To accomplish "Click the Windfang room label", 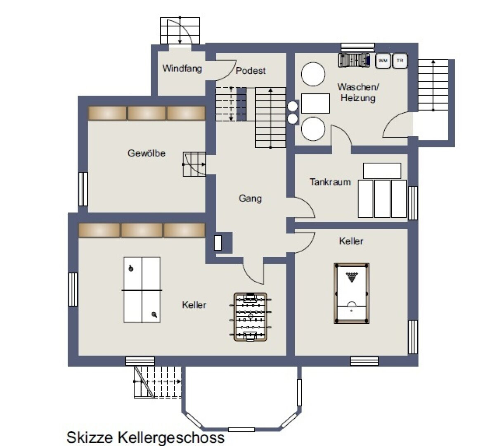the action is (182, 69).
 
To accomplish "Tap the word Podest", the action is (250, 71).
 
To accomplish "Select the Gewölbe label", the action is (146, 153).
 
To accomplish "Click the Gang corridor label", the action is (250, 198).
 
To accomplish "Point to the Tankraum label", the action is (330, 182).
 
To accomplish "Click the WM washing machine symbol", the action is (383, 60).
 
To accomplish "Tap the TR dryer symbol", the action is (400, 60).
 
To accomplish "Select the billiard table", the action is (351, 294).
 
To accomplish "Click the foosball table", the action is (250, 317).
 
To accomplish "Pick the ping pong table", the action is (142, 290).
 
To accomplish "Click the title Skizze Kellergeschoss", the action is (145, 437).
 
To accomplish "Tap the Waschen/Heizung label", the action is (358, 93).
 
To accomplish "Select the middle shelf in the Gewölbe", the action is (147, 113).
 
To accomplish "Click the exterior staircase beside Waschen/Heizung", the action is (433, 85).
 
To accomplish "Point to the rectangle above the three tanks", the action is (382, 171).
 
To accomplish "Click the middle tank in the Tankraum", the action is (382, 199).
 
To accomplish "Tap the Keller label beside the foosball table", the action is (194, 305).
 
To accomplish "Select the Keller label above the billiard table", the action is (351, 241).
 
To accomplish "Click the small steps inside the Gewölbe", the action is (194, 164).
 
